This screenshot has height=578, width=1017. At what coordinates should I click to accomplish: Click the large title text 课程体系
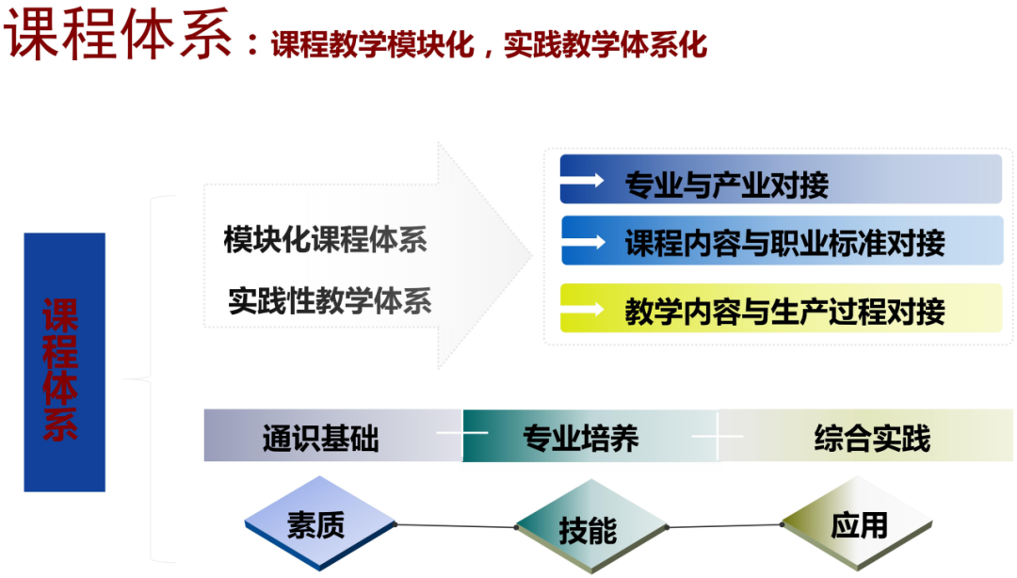[120, 37]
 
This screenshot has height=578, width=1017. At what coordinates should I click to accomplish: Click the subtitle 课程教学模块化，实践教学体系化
[489, 44]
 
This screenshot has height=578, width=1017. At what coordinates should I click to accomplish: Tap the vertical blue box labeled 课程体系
[64, 362]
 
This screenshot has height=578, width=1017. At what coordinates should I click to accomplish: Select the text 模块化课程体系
[325, 239]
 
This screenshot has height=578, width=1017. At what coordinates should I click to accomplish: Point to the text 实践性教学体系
[330, 301]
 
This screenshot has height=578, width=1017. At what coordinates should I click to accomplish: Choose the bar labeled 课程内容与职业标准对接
[782, 241]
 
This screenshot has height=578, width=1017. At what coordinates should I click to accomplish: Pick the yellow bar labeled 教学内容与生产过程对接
[782, 308]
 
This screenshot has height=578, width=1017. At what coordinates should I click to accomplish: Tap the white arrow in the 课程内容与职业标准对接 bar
[585, 242]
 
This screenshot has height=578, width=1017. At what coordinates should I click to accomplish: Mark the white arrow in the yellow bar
[585, 308]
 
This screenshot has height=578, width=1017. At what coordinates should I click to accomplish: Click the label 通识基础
[320, 438]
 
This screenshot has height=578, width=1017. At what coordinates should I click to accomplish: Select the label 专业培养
[580, 438]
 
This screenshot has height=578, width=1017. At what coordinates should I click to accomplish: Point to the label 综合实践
[871, 438]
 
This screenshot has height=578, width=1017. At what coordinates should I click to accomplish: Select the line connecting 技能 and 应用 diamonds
[725, 526]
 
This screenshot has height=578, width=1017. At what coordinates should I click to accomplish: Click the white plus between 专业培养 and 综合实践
[718, 436]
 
